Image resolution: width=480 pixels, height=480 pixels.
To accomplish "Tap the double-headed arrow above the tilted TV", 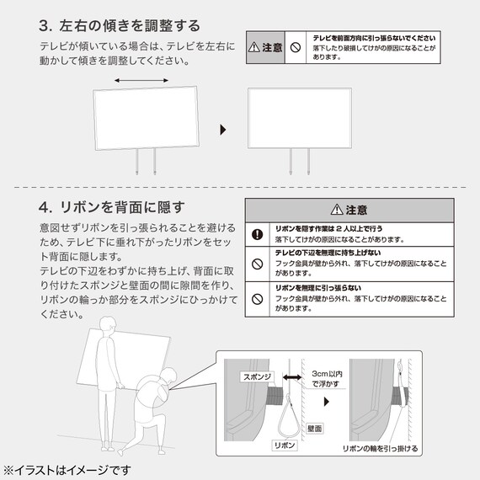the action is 141,81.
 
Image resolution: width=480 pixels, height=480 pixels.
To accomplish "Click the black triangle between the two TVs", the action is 223,130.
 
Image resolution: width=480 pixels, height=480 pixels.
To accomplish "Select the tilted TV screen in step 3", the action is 146,118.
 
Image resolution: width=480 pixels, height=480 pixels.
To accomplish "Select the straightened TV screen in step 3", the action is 300,118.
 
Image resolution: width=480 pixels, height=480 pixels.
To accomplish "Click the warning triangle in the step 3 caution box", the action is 254,47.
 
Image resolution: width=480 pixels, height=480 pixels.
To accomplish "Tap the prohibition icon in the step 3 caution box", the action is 296,47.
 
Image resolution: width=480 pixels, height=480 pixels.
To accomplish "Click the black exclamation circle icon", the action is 257,234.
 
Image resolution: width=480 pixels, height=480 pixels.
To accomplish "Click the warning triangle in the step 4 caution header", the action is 337,210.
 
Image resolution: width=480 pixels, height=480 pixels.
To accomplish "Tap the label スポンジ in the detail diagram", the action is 257,376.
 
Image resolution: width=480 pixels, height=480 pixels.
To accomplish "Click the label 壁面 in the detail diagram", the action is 314,429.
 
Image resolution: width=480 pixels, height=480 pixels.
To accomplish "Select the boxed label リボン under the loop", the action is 285,445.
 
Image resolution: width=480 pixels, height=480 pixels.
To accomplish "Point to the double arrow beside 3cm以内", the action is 292,377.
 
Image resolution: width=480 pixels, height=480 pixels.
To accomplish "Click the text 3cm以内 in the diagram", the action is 327,374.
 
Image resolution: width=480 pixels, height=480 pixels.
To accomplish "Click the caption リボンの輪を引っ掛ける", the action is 380,449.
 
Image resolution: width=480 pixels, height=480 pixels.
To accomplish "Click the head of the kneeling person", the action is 168,376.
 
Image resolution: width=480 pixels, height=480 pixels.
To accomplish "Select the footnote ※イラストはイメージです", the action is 67,470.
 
